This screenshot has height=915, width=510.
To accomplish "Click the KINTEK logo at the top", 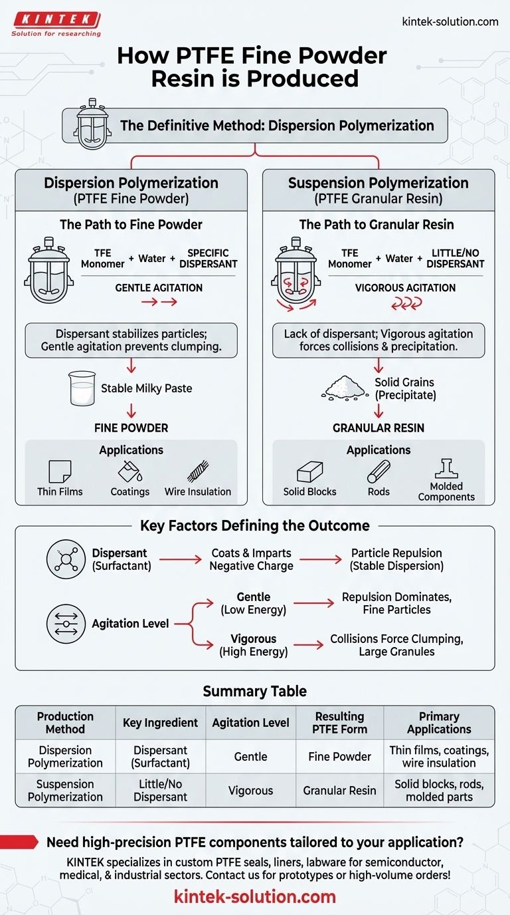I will pyautogui.click(x=56, y=23).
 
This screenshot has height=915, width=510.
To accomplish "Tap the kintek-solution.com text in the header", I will pyautogui.click(x=450, y=21).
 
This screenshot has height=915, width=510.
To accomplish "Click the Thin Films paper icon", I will pyautogui.click(x=60, y=472).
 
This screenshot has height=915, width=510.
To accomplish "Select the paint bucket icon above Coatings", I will pyautogui.click(x=129, y=471).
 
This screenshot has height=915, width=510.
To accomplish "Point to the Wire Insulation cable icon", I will pyautogui.click(x=198, y=471).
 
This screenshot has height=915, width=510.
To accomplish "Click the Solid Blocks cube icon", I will pyautogui.click(x=310, y=472).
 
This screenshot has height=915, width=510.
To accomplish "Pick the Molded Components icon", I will pyautogui.click(x=446, y=469).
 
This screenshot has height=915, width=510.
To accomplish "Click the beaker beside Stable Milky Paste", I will pyautogui.click(x=82, y=389).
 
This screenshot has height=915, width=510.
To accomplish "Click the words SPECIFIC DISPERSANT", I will pyautogui.click(x=208, y=258).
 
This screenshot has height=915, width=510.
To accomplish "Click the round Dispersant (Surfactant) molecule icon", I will pyautogui.click(x=66, y=559).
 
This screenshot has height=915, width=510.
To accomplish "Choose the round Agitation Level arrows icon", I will pyautogui.click(x=66, y=624).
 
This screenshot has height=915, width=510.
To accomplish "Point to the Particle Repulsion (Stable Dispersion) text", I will pyautogui.click(x=396, y=559).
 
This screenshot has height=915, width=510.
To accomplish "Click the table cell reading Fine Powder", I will pyautogui.click(x=339, y=757).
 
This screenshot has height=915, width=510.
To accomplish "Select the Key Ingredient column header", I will pyautogui.click(x=160, y=723).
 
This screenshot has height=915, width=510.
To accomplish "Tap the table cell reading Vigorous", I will pyautogui.click(x=250, y=791).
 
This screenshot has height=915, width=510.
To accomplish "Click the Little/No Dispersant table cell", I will pyautogui.click(x=160, y=791).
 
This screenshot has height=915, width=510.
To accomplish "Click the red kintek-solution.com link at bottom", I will pyautogui.click(x=255, y=896).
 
